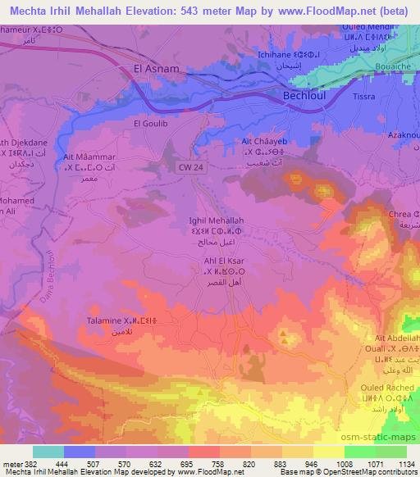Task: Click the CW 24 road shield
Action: [x=190, y=167]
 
